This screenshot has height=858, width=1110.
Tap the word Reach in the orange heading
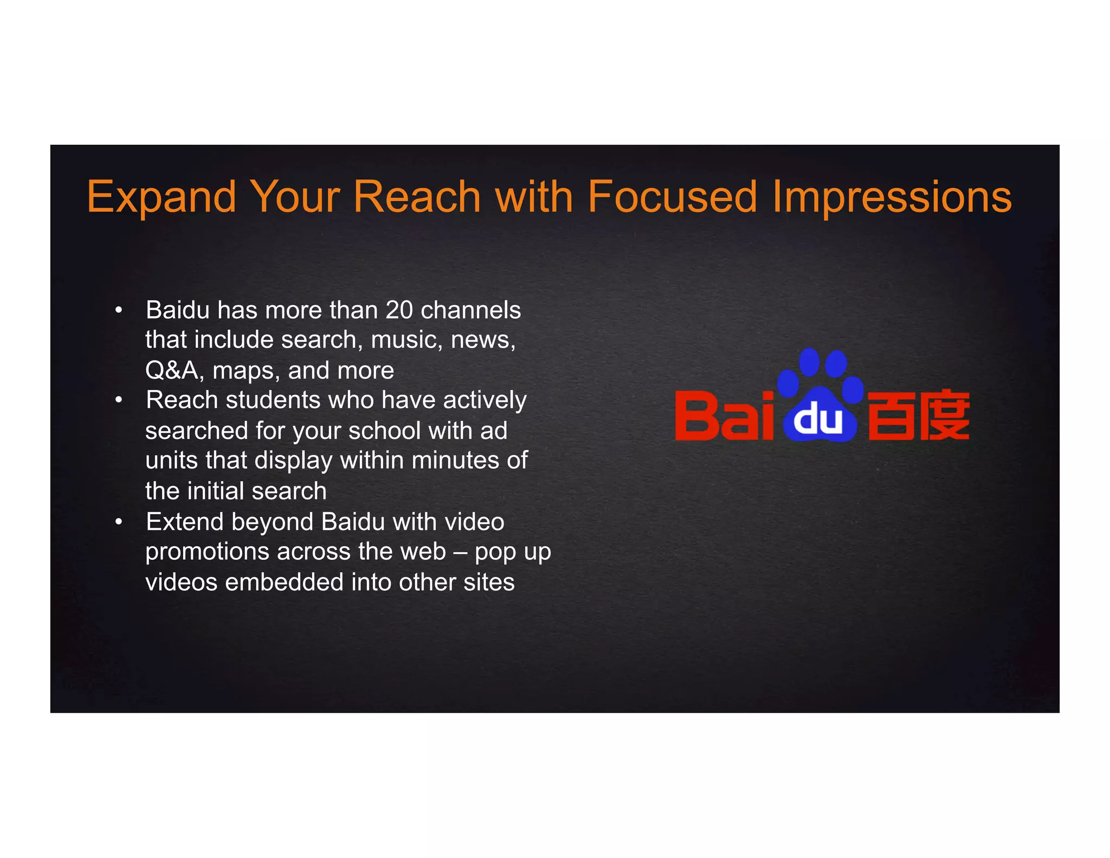point(417,196)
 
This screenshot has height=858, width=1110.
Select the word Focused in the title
point(672,196)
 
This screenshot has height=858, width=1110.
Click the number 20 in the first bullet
point(399,310)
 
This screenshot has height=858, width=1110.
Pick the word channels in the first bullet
point(470,310)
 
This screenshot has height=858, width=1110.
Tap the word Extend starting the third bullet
point(185,522)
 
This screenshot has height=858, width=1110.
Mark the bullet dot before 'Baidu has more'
point(119,311)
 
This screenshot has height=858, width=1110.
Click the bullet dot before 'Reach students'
point(119,401)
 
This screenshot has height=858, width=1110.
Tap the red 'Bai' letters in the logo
point(723,416)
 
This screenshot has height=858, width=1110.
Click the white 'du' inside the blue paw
point(818,419)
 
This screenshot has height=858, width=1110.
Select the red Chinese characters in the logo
point(918,415)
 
